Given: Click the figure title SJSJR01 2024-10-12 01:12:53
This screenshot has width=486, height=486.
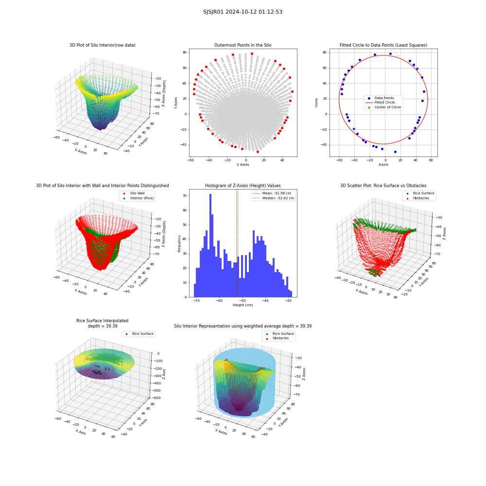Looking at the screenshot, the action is pos(243,12).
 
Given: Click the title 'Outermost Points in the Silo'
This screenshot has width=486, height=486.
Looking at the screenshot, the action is pos(243,45).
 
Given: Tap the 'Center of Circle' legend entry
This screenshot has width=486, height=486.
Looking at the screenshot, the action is pos(384,107).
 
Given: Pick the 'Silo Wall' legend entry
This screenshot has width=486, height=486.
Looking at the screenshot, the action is pos(134,193).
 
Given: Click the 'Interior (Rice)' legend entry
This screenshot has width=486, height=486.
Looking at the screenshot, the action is pos(138,198).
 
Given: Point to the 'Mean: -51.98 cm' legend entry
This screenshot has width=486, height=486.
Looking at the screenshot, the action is pos(272,193).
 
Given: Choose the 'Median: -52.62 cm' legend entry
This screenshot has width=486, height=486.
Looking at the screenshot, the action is pos(273,198).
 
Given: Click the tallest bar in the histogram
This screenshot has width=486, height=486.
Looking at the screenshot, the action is pos(210,245).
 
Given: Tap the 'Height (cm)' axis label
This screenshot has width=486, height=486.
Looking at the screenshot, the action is pos(243,305).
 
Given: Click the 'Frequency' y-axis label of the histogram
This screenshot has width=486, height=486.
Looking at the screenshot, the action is pos(179,243).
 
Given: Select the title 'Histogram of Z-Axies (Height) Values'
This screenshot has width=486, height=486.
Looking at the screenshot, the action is pos(243,186).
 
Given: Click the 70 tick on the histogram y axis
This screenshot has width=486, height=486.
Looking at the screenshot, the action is pos(185,195).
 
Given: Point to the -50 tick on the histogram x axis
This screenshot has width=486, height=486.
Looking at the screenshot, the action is pos(243,301).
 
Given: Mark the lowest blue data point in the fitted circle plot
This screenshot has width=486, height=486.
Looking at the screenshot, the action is pos(395,152).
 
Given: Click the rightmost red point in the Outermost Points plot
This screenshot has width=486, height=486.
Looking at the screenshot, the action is pos(292,92).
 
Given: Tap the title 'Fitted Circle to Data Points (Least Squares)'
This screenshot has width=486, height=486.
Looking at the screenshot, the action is pos(383,45).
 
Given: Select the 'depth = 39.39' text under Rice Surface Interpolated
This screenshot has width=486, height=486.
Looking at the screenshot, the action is pos(103,326).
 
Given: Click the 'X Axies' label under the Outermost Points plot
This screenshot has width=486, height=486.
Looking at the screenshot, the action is pos(243,165).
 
